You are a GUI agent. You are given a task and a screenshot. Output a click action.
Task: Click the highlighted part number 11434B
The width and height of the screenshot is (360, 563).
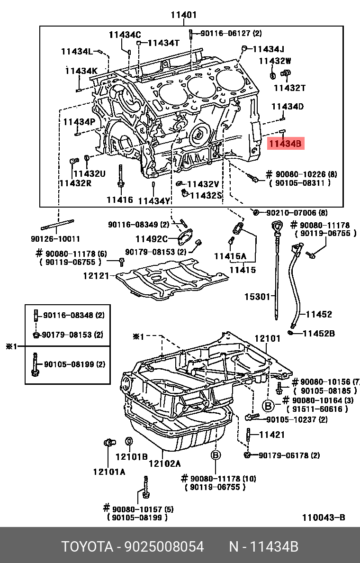click(x=286, y=143)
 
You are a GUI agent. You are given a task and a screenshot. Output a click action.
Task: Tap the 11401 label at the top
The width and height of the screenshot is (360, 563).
click(x=183, y=15)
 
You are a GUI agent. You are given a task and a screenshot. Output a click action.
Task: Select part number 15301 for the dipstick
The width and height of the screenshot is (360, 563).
click(x=257, y=297)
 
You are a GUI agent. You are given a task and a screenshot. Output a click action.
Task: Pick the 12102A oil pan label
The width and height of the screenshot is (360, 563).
click(x=164, y=463)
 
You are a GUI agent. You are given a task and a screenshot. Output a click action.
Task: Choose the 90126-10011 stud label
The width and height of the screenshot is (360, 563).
click(x=56, y=238)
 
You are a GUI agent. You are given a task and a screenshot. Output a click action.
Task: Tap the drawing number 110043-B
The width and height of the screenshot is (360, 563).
click(x=324, y=518)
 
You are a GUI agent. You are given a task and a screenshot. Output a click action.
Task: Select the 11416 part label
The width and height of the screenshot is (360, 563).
click(x=119, y=200)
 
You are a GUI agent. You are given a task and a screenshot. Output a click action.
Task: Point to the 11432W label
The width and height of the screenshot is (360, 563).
click(x=275, y=61)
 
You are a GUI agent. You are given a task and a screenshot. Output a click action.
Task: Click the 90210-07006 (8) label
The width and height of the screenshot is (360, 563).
click(x=297, y=213)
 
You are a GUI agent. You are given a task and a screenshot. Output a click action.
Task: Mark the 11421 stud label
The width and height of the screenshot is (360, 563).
click(x=272, y=434)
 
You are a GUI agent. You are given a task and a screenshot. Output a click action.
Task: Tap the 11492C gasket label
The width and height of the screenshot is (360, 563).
click(x=152, y=239)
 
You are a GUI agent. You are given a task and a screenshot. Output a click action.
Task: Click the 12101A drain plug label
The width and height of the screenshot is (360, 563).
click(x=109, y=472)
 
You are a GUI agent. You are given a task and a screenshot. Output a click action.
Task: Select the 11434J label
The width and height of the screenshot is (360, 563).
click(x=268, y=49)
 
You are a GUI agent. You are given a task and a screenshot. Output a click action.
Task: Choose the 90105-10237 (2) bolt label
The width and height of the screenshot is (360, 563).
click(x=297, y=419)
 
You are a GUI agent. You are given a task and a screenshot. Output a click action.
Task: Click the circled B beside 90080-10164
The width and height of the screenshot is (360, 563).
click(x=268, y=405)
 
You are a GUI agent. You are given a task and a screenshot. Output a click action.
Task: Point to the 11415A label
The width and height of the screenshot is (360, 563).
click(x=230, y=256)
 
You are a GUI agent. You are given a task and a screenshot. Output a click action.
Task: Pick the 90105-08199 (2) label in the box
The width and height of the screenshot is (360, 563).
click(x=74, y=364)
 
